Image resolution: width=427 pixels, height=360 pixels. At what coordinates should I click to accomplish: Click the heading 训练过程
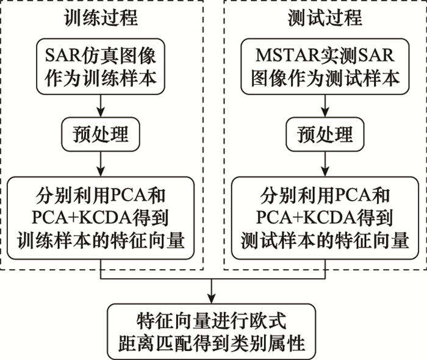101,18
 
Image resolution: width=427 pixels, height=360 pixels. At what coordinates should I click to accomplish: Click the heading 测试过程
324,18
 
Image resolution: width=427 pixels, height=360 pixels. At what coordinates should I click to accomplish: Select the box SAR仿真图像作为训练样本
101,67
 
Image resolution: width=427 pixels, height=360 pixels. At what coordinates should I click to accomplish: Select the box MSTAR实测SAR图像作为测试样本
324,67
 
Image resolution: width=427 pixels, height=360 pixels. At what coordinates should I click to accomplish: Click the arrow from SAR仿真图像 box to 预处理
101,106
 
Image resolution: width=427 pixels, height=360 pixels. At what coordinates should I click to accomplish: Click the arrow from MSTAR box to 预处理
324,106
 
